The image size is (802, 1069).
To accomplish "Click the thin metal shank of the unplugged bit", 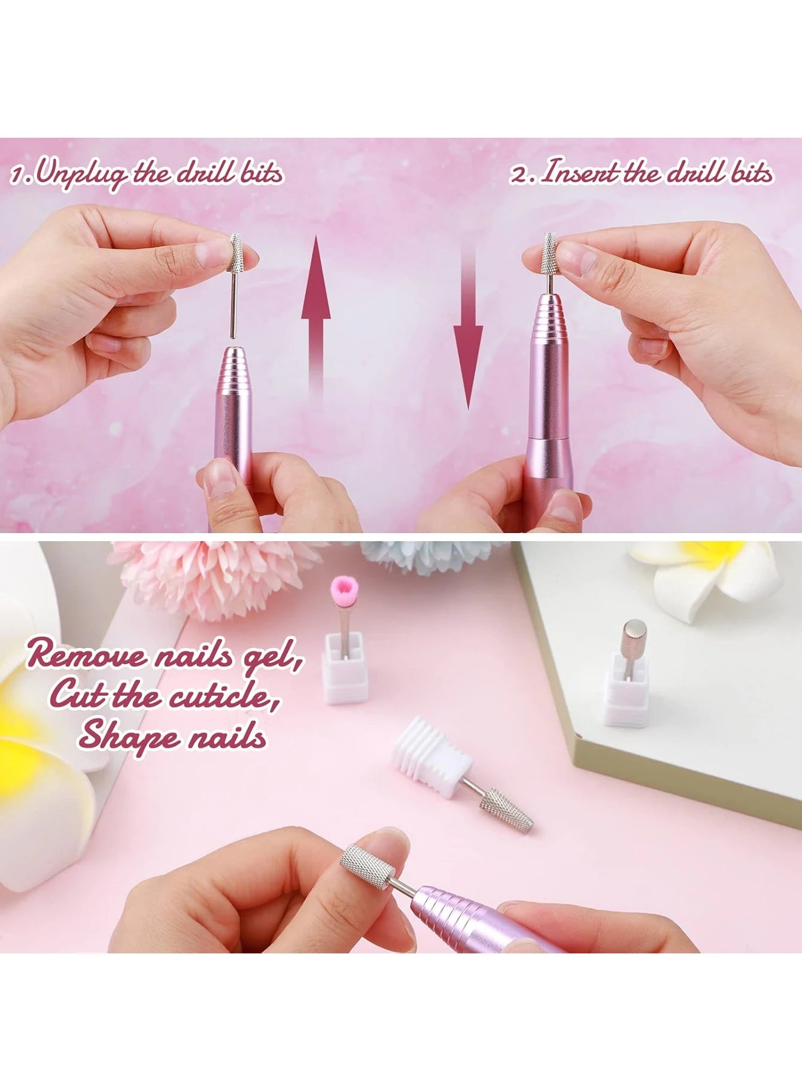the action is tap(233, 305).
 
